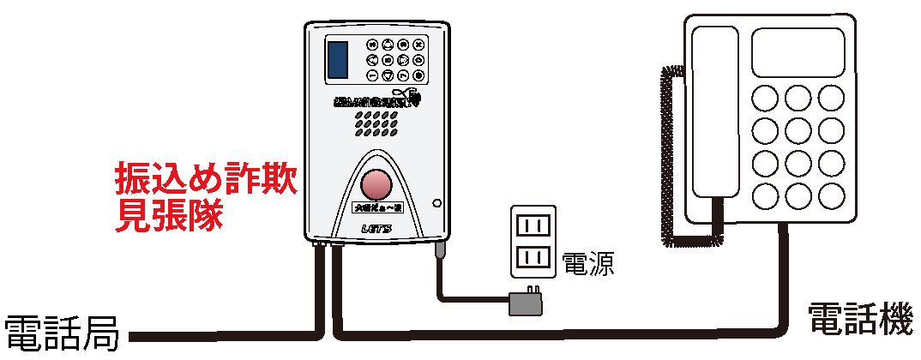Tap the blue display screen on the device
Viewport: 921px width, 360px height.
click(337, 58)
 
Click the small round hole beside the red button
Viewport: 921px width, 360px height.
click(436, 204)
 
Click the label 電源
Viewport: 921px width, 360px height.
click(588, 263)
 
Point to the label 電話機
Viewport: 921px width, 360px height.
click(860, 320)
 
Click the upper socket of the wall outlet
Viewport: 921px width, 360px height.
click(533, 225)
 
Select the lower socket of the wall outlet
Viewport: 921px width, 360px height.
click(533, 256)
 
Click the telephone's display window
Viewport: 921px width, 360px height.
click(798, 51)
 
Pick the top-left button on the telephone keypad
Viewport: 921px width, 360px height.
click(766, 97)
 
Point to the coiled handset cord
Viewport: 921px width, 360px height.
click(668, 154)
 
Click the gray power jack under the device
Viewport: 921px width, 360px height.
click(440, 251)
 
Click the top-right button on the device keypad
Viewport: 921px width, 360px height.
click(418, 45)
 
